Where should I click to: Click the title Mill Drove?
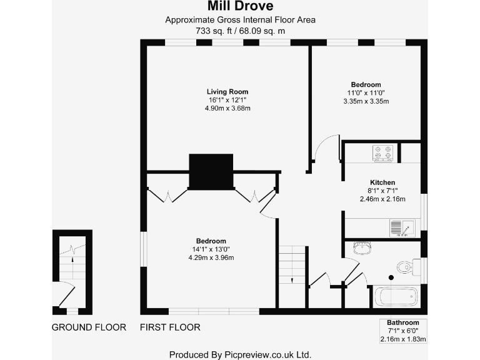(x=240, y=7)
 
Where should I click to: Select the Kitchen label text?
(x=382, y=182)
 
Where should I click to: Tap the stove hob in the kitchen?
(x=382, y=153)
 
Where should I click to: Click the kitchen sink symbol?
(x=399, y=228)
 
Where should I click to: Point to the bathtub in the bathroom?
(x=396, y=296)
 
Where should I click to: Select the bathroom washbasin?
(x=362, y=248)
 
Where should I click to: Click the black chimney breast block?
(x=211, y=171)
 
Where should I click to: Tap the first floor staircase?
(x=292, y=264)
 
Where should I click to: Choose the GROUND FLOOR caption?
(x=89, y=327)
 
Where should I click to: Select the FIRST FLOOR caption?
(x=170, y=327)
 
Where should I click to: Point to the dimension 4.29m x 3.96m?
(x=211, y=257)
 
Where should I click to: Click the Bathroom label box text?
(x=402, y=322)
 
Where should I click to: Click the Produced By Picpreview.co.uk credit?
(x=240, y=354)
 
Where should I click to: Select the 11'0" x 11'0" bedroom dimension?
(x=366, y=92)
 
